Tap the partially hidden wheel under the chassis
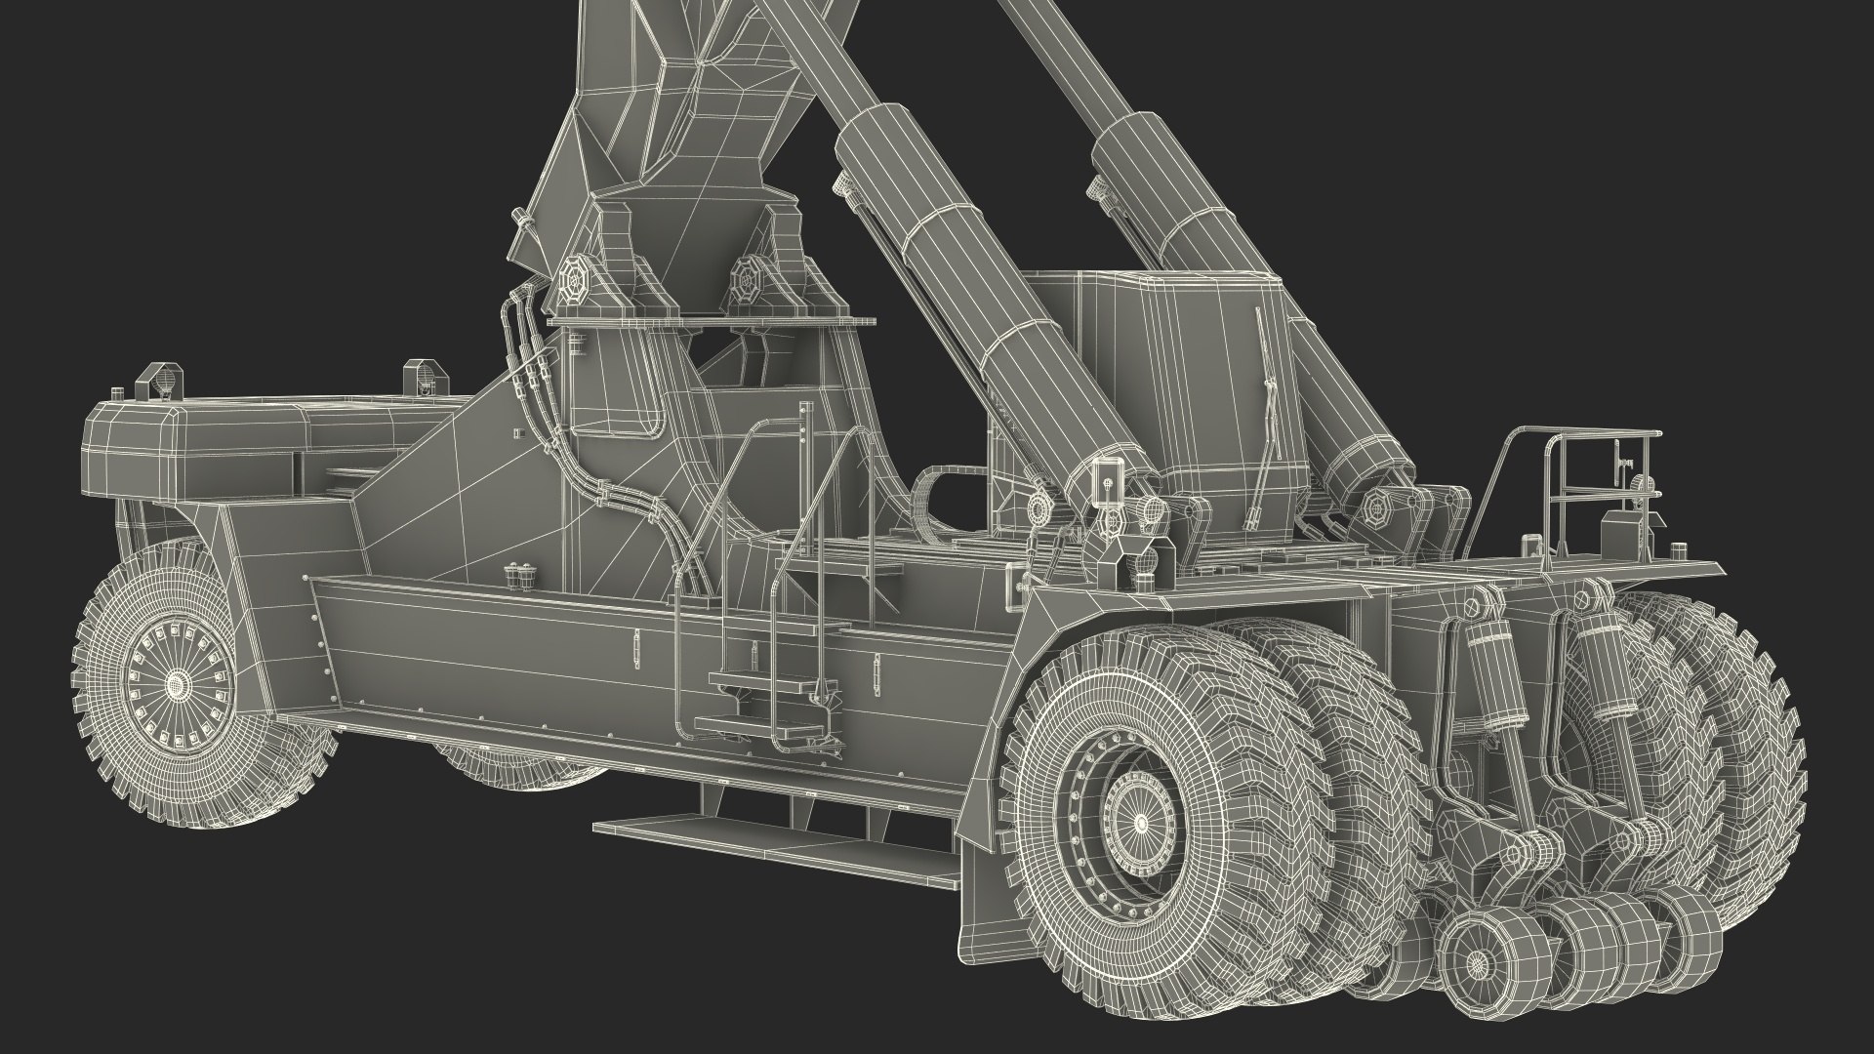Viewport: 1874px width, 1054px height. click(x=527, y=766)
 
